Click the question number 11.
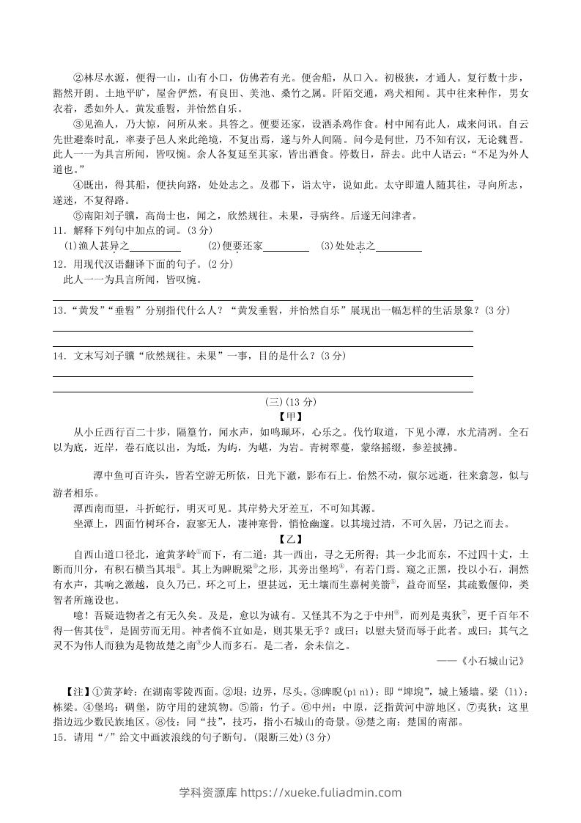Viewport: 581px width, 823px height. coord(59,230)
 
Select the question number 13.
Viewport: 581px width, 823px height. coord(59,310)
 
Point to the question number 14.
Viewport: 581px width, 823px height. coord(59,356)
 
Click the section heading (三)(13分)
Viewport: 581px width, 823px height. coord(290,402)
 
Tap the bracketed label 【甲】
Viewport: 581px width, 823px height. coord(290,417)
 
